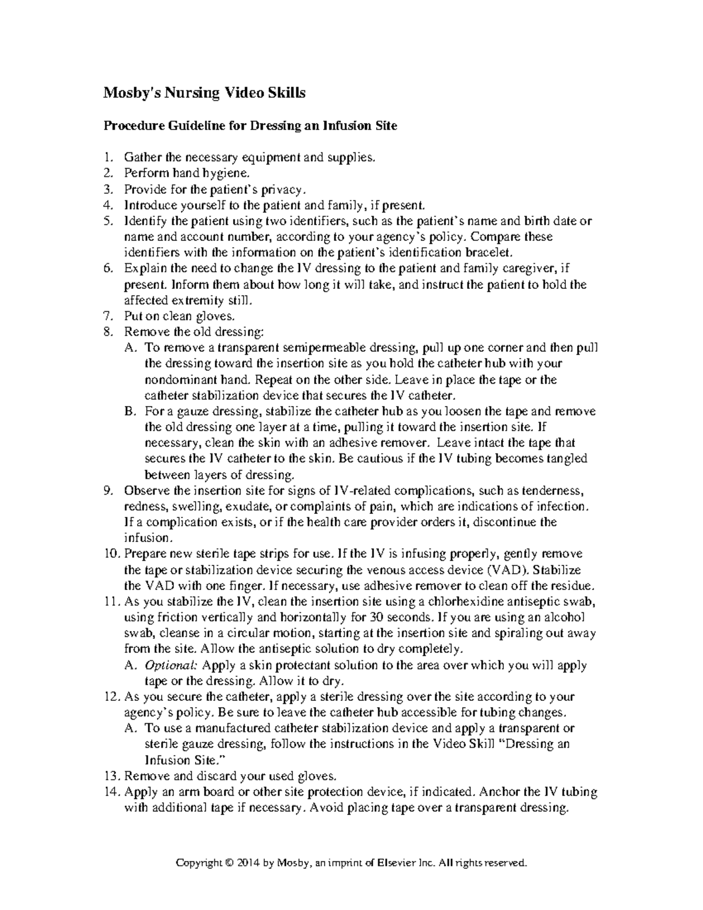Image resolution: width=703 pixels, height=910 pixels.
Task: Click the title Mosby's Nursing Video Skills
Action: click(x=204, y=93)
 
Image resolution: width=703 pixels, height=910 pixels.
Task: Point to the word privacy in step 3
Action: click(x=284, y=189)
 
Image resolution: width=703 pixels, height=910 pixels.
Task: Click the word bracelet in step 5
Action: click(x=488, y=253)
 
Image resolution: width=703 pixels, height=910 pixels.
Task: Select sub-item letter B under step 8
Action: click(x=129, y=411)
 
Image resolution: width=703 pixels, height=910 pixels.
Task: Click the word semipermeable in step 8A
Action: click(x=314, y=348)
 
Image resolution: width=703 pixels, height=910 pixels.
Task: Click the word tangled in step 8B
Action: click(x=567, y=459)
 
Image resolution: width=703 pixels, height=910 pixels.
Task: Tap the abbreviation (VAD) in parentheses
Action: click(x=509, y=570)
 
